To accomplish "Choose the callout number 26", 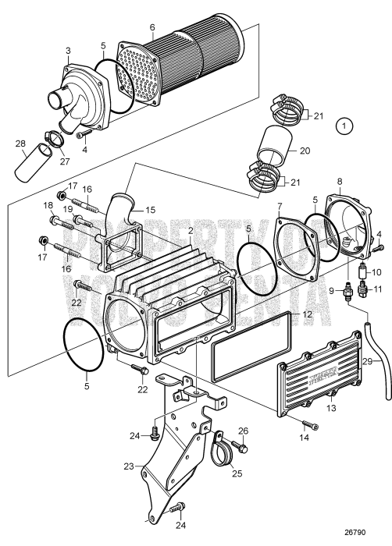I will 243,431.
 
